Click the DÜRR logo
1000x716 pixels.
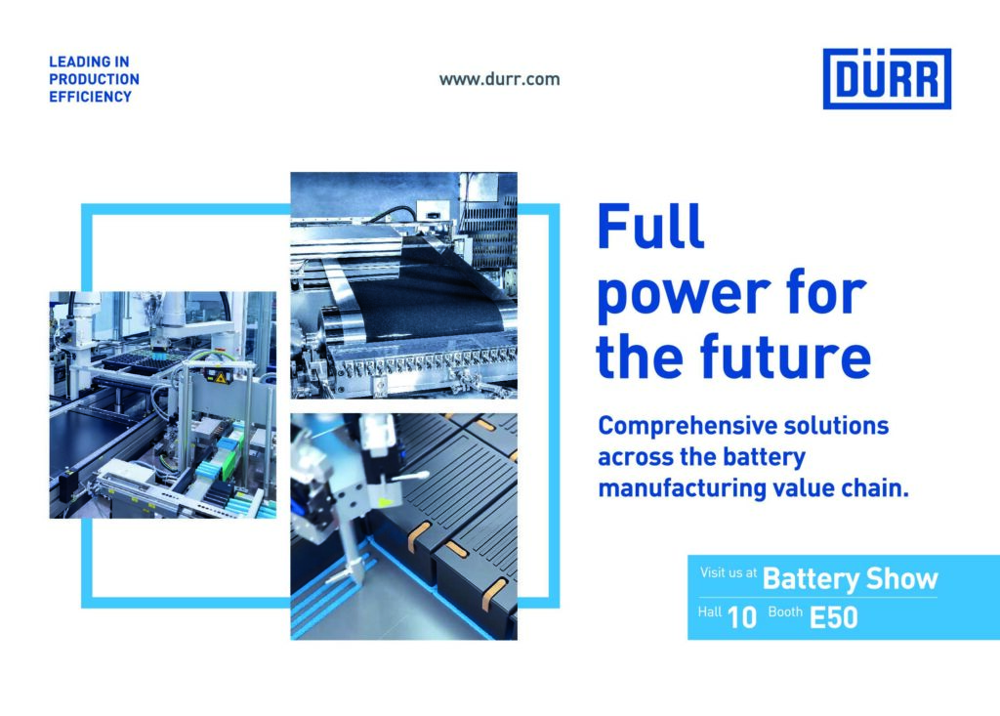[x=887, y=78]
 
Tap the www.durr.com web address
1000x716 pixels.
[x=499, y=79]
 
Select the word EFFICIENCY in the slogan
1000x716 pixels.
[x=91, y=97]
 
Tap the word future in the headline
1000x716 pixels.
[x=785, y=357]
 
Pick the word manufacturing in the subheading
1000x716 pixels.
[x=683, y=488]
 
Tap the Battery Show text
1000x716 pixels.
[x=851, y=579]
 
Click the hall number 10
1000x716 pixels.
[x=742, y=617]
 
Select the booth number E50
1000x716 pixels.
[x=834, y=617]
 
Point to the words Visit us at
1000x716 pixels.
[x=729, y=572]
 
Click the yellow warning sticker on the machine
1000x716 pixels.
[x=221, y=378]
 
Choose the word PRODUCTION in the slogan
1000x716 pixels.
[x=95, y=79]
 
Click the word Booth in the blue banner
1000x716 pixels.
[x=785, y=612]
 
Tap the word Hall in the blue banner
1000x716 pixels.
[x=710, y=612]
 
